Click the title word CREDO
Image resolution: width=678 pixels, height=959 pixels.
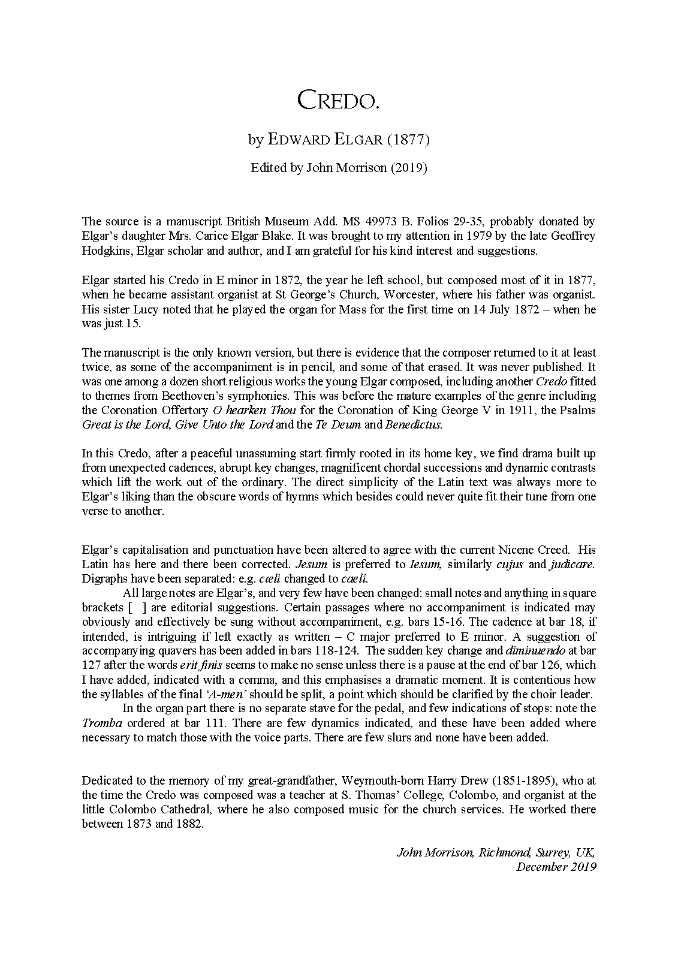[339, 101]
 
